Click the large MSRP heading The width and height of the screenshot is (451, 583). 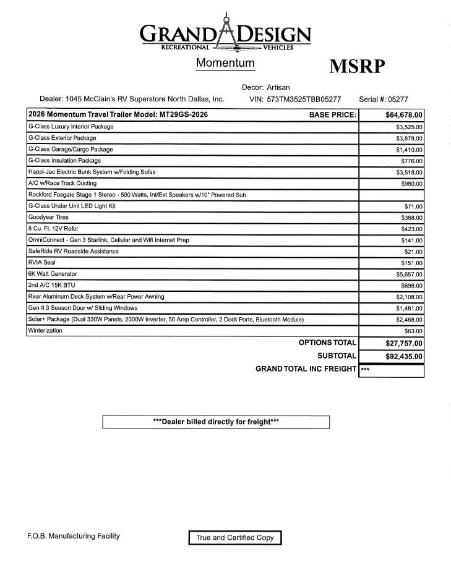357,67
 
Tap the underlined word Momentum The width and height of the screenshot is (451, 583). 225,63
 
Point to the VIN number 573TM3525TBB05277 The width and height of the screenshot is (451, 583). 304,99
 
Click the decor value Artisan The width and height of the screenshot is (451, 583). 278,87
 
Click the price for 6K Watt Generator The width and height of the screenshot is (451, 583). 410,274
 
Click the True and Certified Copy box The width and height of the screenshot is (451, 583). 235,538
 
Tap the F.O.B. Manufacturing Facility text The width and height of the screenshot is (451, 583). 74,536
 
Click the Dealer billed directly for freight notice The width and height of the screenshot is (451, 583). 216,422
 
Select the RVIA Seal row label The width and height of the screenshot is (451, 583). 41,263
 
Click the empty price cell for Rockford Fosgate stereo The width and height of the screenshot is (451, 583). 391,195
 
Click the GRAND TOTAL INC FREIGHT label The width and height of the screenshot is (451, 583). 306,369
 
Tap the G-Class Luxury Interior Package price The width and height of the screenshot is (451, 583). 410,127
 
